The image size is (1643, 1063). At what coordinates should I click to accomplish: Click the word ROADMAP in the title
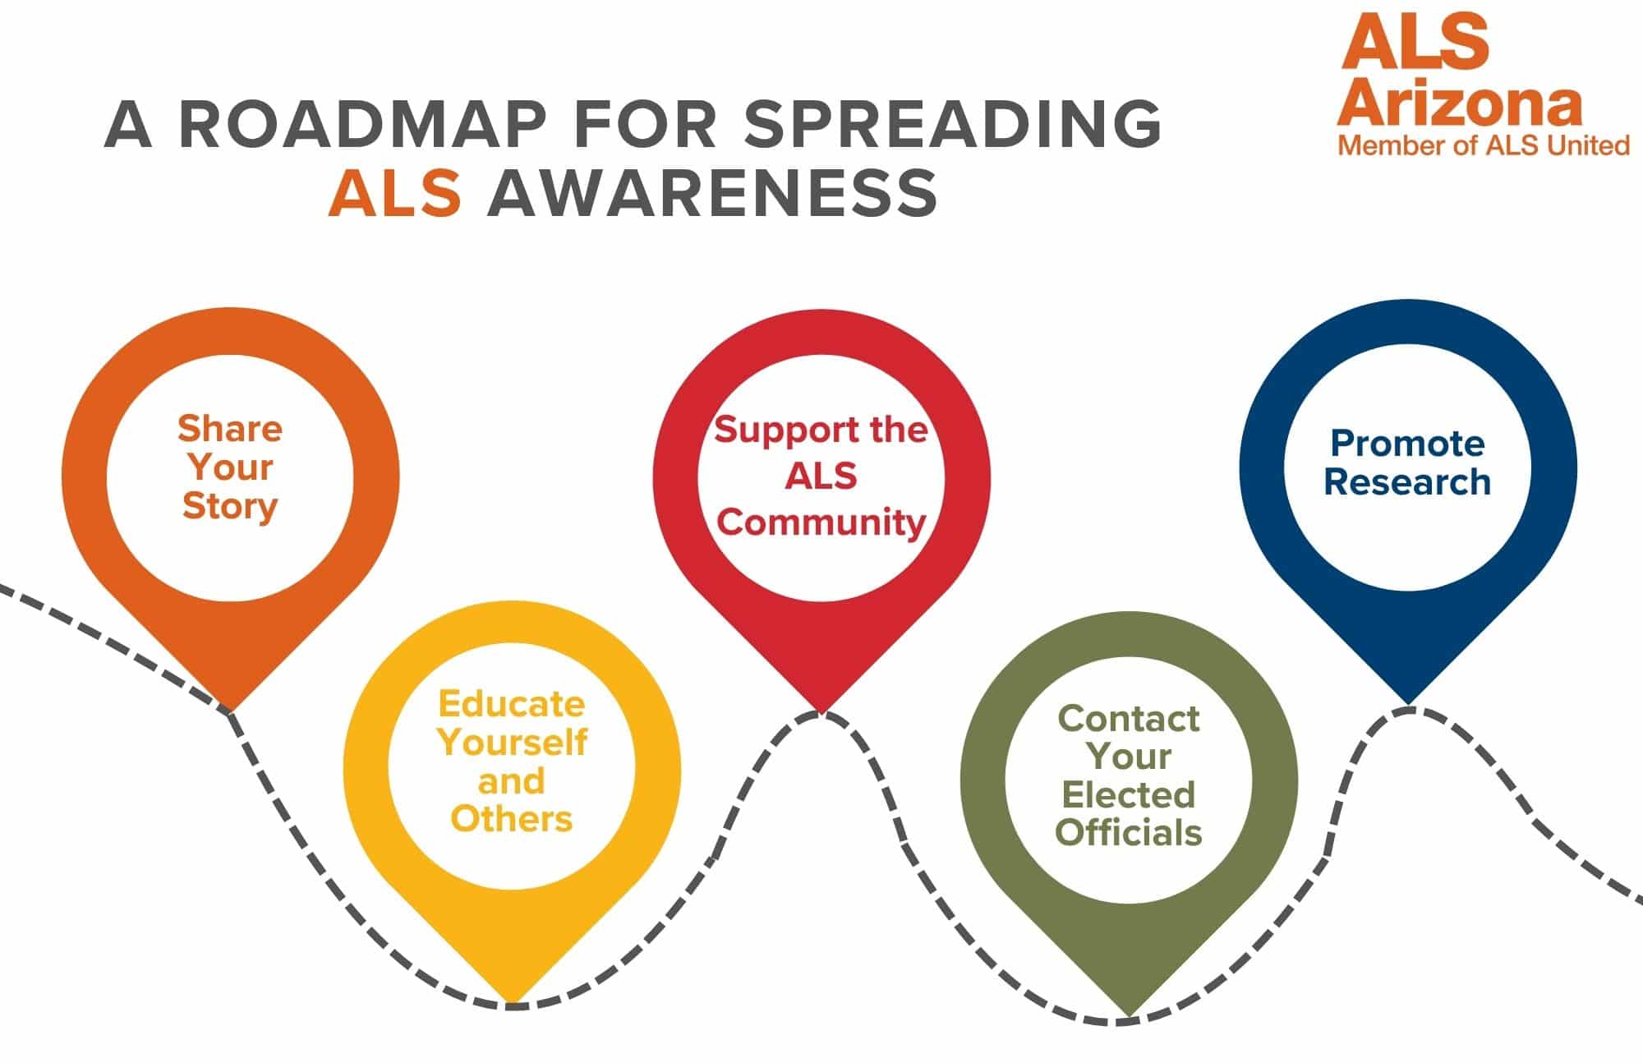(x=362, y=125)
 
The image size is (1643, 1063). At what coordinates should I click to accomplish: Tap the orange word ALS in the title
(x=394, y=194)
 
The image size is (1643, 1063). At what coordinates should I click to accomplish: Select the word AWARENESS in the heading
(x=712, y=194)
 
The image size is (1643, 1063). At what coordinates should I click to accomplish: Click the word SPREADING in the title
(x=952, y=125)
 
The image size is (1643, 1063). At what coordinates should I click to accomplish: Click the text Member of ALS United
(x=1484, y=146)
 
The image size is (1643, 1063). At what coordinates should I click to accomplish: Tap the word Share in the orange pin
(x=230, y=429)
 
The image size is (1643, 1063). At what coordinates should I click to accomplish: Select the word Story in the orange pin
(x=230, y=506)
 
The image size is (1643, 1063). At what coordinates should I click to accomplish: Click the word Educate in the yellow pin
(x=511, y=704)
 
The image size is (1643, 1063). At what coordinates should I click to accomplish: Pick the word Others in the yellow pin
(x=511, y=819)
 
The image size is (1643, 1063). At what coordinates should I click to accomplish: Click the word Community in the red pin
(x=821, y=522)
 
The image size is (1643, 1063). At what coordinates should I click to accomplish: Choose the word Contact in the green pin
(x=1128, y=719)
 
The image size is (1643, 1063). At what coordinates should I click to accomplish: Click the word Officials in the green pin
(x=1128, y=832)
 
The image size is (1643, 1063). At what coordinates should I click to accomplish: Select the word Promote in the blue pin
(x=1407, y=444)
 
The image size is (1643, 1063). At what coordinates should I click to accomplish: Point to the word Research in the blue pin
(x=1407, y=482)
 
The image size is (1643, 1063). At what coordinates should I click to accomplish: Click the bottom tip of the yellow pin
(x=513, y=1001)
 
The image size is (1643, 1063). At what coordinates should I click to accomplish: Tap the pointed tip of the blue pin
(x=1408, y=703)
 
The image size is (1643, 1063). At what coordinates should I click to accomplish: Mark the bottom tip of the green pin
(x=1129, y=1015)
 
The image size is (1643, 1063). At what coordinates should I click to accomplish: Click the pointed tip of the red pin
(x=821, y=711)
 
